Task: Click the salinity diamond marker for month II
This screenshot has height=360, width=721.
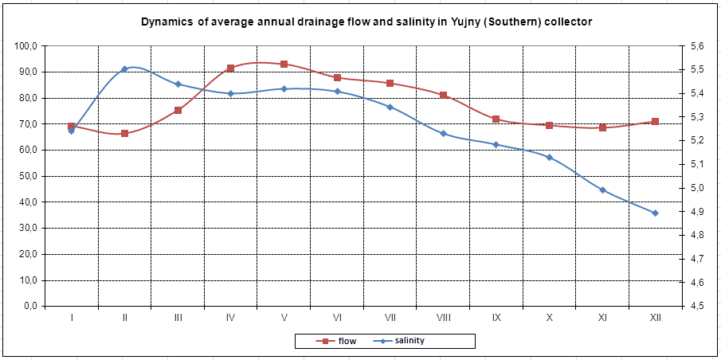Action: click(x=124, y=69)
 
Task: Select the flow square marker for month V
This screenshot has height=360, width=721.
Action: click(x=284, y=64)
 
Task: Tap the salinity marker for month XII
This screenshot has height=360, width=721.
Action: click(x=655, y=213)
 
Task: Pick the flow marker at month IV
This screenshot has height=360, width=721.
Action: click(x=231, y=68)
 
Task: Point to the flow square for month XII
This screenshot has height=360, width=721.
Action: click(x=655, y=121)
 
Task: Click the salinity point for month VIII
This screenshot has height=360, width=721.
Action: click(x=443, y=134)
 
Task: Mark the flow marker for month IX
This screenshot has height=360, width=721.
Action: click(x=496, y=119)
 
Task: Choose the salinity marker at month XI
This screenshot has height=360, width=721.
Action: click(x=603, y=190)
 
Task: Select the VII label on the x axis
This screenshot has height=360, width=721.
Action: click(x=390, y=317)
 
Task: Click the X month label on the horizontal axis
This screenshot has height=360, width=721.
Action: click(x=549, y=317)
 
